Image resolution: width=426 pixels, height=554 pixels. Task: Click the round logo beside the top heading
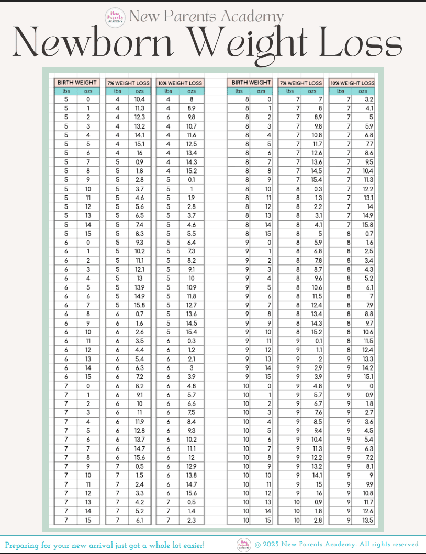tap(116, 17)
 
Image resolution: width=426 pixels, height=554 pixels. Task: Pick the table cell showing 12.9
tap(191, 466)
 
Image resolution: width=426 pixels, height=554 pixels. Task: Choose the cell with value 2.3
tap(191, 520)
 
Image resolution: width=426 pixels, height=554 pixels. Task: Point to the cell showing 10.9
tap(191, 287)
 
